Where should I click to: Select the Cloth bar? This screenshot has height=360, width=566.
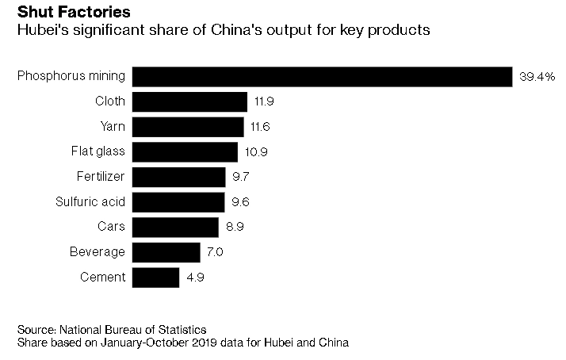[189, 101]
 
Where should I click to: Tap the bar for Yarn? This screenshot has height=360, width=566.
[188, 127]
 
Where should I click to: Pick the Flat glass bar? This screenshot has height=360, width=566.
[185, 151]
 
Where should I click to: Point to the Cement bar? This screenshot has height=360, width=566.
[155, 278]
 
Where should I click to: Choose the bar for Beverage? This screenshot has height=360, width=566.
[166, 252]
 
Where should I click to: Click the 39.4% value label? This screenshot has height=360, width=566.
[537, 78]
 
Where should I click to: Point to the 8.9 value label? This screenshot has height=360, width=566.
[235, 228]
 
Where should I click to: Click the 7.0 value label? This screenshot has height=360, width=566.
[216, 252]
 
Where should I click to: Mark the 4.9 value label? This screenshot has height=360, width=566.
[195, 278]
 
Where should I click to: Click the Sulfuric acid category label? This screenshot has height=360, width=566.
[90, 201]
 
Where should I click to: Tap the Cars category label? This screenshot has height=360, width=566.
[111, 227]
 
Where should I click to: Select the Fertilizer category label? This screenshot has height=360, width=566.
[100, 176]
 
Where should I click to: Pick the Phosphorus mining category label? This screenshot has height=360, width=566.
[71, 76]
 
